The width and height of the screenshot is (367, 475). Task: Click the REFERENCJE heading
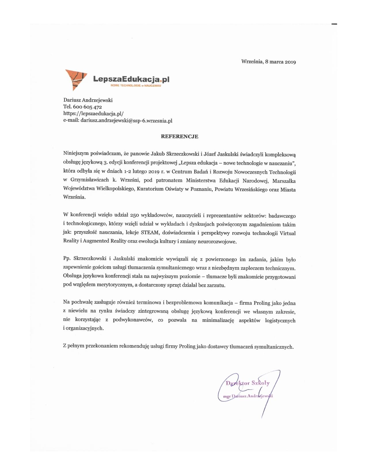pyautogui.click(x=179, y=136)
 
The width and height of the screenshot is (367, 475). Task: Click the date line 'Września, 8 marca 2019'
pyautogui.click(x=268, y=62)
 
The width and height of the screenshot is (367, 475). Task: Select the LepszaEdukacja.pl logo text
pyautogui.click(x=131, y=79)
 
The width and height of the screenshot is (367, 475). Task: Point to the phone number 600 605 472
pyautogui.click(x=88, y=107)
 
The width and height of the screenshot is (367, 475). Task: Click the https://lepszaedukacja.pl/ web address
pyautogui.click(x=93, y=114)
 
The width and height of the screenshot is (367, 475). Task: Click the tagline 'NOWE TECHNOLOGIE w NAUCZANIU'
pyautogui.click(x=136, y=85)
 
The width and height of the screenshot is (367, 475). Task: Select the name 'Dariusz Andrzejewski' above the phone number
pyautogui.click(x=88, y=100)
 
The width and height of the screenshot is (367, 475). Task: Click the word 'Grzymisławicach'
pyautogui.click(x=90, y=180)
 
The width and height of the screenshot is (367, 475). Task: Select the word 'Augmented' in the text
pyautogui.click(x=96, y=241)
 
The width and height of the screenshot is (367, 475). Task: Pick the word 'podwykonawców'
pyautogui.click(x=133, y=320)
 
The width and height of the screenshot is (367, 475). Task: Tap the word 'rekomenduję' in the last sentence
pyautogui.click(x=135, y=346)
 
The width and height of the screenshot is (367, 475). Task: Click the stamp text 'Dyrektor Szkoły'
pyautogui.click(x=248, y=383)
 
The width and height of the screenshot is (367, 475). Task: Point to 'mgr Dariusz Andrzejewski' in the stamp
pyautogui.click(x=248, y=396)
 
